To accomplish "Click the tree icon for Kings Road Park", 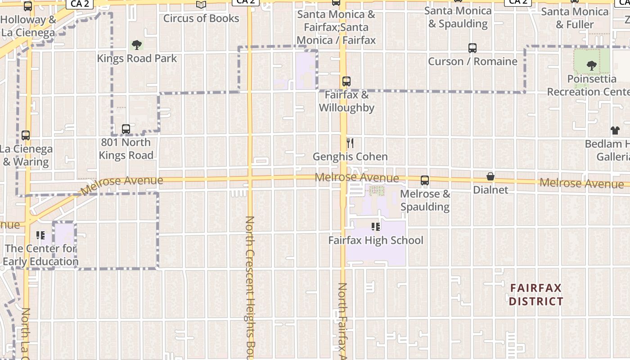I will [137, 45].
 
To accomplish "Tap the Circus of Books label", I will [201, 18].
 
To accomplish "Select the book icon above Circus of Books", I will [201, 5].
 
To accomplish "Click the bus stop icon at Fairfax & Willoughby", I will [346, 81].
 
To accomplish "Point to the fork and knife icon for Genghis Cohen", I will [350, 143].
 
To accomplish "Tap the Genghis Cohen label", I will [350, 157].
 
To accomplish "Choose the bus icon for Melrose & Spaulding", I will [424, 180].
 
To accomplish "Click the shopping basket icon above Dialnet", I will [490, 176].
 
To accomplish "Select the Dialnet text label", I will [490, 190].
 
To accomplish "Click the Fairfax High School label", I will [376, 240].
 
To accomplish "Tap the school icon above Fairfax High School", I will [376, 227].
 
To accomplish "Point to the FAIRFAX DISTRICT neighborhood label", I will [536, 295].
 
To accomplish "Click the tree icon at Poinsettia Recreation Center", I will [591, 66].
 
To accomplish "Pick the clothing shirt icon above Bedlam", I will [615, 130].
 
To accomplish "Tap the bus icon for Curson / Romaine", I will [472, 48].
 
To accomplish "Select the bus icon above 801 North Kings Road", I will [126, 129].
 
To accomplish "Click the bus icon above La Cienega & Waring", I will [26, 135].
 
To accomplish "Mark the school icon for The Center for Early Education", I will [40, 235].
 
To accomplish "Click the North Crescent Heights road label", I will [250, 288].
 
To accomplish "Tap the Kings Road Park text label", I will [137, 58].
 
